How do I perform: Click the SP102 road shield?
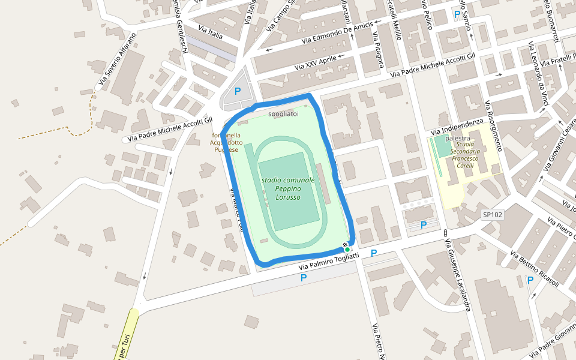coord(493,214)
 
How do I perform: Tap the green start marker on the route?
coord(347,249)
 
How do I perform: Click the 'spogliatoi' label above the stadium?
coord(283,113)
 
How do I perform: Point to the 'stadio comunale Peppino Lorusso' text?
coord(288,188)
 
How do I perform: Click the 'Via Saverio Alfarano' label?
coord(116,58)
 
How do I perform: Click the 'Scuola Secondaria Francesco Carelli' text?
coord(468,155)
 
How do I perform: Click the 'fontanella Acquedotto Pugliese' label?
coord(226,142)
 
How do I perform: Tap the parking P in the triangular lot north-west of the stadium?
coord(238,91)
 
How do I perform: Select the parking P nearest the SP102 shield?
coord(424,225)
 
